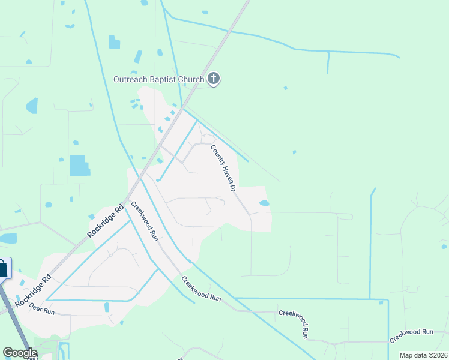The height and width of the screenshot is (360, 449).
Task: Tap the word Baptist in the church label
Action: click(x=165, y=79)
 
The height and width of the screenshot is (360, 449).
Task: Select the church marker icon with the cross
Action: click(x=214, y=79)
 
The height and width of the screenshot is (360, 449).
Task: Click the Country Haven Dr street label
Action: click(x=223, y=167)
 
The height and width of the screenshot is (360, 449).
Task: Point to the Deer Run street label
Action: click(x=42, y=312)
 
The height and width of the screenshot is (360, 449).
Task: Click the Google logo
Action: click(x=19, y=353)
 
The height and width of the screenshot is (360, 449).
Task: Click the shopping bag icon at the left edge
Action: click(x=2, y=268)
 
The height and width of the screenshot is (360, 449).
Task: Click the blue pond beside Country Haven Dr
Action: click(x=264, y=203)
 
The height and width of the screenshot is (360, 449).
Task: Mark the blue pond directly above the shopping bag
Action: click(x=8, y=238)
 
